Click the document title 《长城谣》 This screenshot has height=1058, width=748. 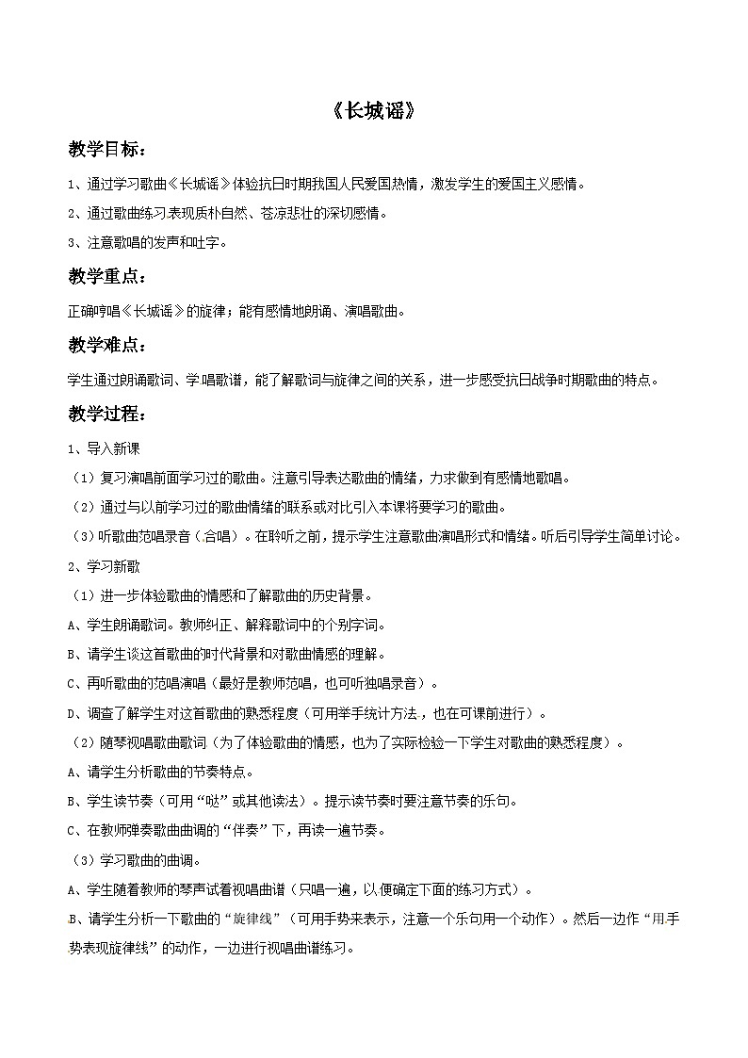click(x=374, y=111)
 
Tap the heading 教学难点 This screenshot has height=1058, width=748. click(x=106, y=348)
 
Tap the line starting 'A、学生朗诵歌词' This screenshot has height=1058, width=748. click(x=226, y=625)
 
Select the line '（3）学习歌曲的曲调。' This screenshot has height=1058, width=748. click(x=141, y=860)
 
